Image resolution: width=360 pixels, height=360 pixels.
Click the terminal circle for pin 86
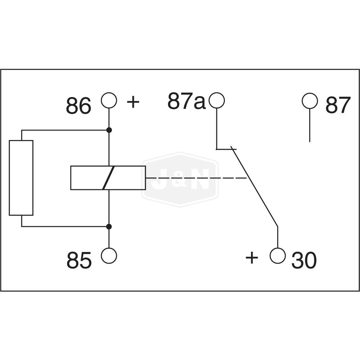click(x=109, y=100)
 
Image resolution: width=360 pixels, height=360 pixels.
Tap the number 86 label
click(x=78, y=106)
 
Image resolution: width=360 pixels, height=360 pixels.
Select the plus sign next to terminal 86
click(x=133, y=102)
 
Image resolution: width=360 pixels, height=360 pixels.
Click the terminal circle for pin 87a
click(x=217, y=100)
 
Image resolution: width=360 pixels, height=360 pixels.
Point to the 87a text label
click(x=186, y=102)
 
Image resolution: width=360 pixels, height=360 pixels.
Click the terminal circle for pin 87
click(x=310, y=101)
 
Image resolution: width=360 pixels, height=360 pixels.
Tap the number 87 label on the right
click(x=338, y=105)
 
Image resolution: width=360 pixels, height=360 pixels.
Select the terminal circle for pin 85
click(x=109, y=256)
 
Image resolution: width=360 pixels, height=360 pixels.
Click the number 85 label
click(x=79, y=261)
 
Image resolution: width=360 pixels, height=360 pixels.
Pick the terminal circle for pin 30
click(x=278, y=256)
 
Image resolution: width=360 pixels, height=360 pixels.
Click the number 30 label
click(x=304, y=261)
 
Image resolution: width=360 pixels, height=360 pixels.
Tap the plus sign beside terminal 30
click(x=252, y=258)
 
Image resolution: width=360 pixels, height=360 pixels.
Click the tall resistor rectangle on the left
click(x=21, y=178)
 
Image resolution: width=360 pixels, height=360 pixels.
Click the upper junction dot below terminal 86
click(x=109, y=130)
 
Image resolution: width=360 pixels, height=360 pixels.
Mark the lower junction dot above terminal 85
click(x=109, y=226)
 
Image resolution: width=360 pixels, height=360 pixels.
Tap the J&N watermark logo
click(x=180, y=179)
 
